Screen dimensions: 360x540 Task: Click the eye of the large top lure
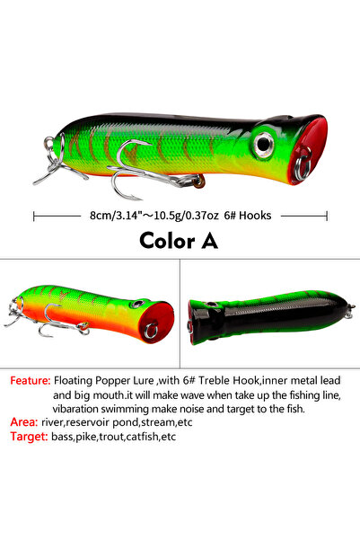[x=264, y=145]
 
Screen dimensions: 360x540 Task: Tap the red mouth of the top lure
[x=308, y=150]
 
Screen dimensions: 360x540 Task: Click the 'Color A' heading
[x=179, y=241]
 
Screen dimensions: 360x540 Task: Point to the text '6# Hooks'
[x=248, y=216]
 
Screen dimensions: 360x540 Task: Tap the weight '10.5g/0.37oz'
[x=186, y=216]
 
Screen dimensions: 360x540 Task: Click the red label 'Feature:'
[x=31, y=381]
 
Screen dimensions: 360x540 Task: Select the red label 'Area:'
[x=23, y=422]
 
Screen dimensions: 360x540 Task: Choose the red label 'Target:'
[x=29, y=437]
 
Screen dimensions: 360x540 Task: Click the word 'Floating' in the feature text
[x=73, y=381]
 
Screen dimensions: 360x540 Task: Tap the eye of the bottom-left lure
[x=137, y=304]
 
